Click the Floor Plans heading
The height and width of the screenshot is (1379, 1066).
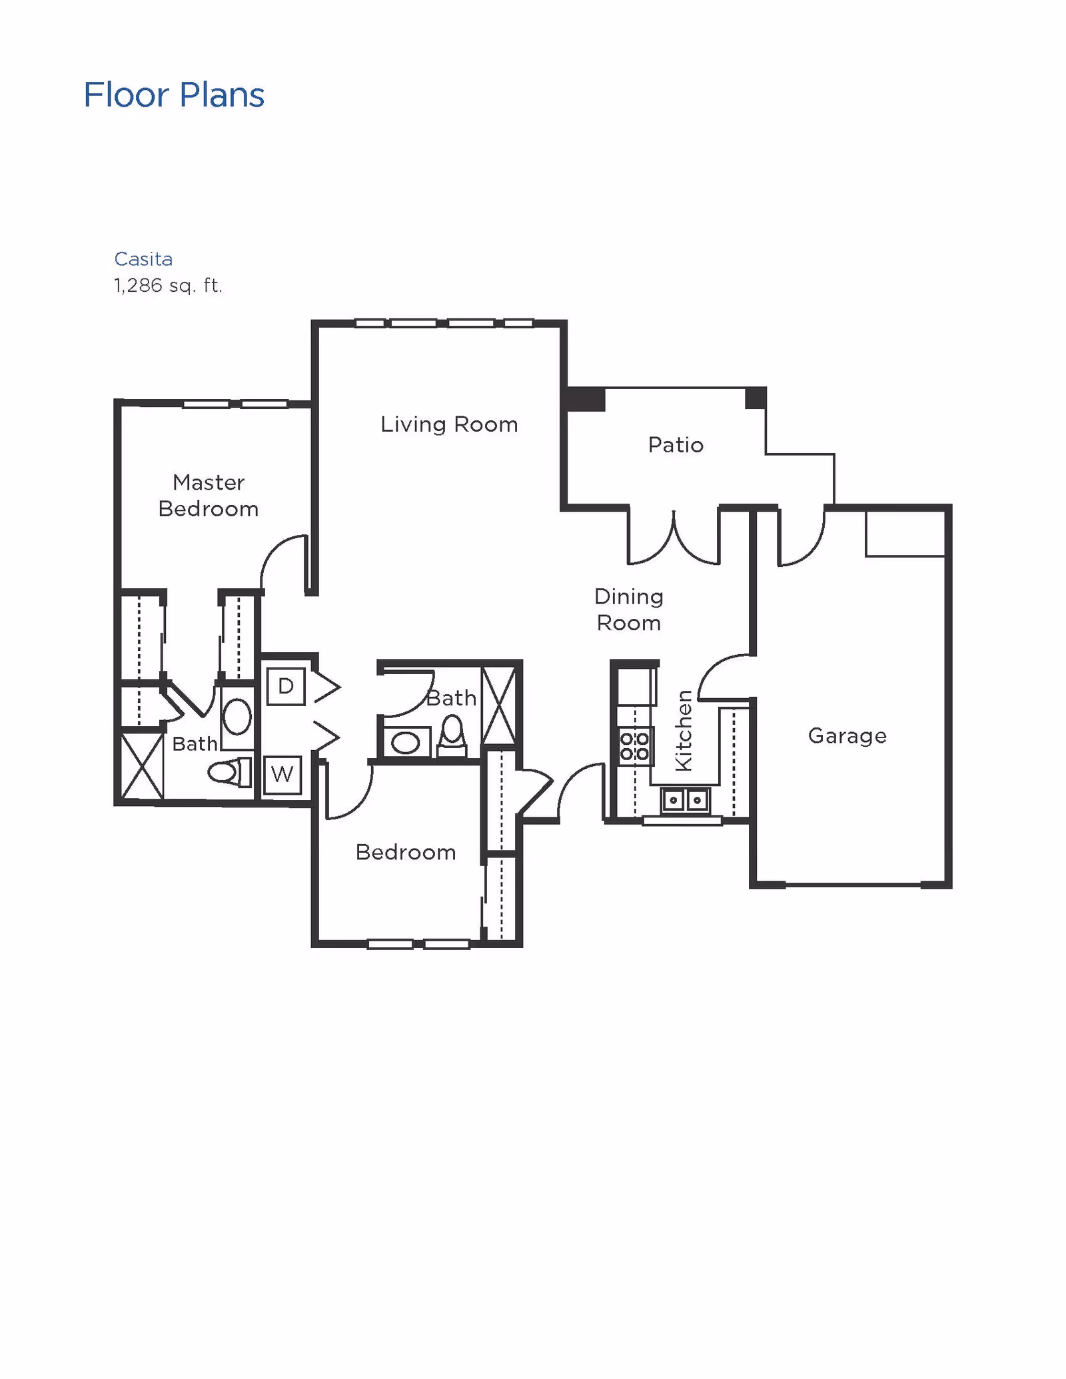coord(174,95)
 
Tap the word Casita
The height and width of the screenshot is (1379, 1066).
coord(143,258)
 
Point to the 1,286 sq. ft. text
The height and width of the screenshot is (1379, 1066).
coord(168,285)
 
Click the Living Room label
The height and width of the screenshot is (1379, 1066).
coord(448,424)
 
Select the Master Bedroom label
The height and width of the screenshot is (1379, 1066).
coord(208,495)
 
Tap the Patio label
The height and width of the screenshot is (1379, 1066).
coord(676,444)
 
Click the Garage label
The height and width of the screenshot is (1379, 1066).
coord(847,735)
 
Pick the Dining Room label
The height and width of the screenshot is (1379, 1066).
coord(628,609)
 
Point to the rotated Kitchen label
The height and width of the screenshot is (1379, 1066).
coord(684,731)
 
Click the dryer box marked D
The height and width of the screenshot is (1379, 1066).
coord(286,686)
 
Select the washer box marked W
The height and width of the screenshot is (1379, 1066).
coord(282,774)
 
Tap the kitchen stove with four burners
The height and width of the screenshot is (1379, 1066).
coord(634,746)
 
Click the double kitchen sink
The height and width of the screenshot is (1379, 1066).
coord(685,799)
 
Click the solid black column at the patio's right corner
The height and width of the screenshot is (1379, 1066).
coord(756,398)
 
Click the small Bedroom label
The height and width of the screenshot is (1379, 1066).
coord(405,852)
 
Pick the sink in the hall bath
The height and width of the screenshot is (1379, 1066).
coord(405,743)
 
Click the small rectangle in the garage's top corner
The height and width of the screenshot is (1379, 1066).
coord(905,533)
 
